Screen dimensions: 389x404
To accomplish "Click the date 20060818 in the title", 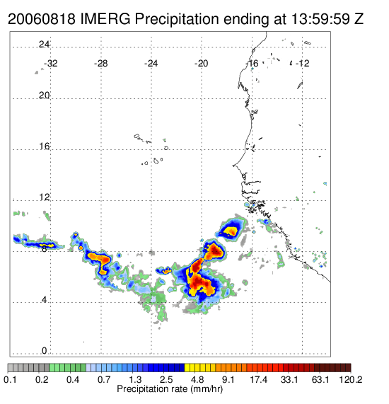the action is [x=42, y=19].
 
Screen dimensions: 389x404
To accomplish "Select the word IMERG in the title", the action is [x=105, y=19].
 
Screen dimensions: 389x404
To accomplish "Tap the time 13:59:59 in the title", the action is [x=320, y=19].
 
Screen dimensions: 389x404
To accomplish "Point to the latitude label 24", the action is [x=44, y=45].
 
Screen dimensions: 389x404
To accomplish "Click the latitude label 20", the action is [x=44, y=96].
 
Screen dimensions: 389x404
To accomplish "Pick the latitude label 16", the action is [x=44, y=146].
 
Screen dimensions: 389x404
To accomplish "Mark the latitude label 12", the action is [x=44, y=197].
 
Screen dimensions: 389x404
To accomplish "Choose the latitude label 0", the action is [x=45, y=351].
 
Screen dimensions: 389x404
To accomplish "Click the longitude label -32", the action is [x=50, y=64].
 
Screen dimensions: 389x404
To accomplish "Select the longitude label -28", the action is [x=100, y=64].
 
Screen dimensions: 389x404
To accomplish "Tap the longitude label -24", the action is [x=151, y=64].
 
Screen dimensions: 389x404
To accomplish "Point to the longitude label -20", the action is [x=201, y=64].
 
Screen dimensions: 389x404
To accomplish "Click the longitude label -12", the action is [x=303, y=64].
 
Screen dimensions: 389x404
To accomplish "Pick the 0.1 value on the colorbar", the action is [x=10, y=379].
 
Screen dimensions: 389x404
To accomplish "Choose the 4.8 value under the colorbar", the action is [x=197, y=379].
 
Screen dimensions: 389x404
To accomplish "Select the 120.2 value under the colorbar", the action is [x=351, y=379].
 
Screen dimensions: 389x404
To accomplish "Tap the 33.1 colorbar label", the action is [x=289, y=379].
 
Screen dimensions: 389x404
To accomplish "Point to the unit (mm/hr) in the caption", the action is [x=207, y=389].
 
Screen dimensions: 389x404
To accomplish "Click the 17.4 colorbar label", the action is [x=259, y=379].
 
